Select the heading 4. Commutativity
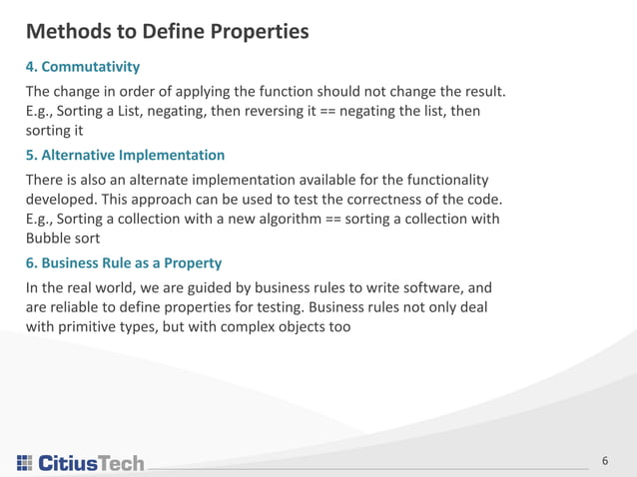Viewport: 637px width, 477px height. (82, 67)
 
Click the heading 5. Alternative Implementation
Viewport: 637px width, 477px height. (125, 155)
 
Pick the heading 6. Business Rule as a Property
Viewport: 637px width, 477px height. (124, 263)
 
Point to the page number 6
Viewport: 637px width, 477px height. (604, 461)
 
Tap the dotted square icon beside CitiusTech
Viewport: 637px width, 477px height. (24, 463)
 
